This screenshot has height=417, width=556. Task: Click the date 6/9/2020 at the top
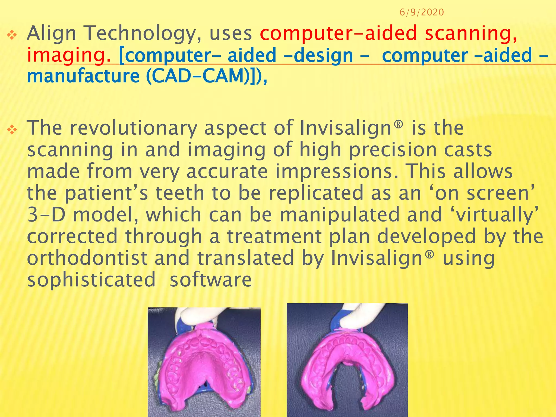coord(422,12)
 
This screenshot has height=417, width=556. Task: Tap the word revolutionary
coord(133,128)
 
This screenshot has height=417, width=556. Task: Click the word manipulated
coord(339,215)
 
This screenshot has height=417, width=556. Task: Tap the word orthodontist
coord(87,258)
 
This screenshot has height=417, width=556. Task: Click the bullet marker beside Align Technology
coord(12,35)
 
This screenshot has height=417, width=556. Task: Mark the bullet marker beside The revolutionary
coord(12,130)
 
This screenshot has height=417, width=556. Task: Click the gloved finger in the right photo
coord(361,315)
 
